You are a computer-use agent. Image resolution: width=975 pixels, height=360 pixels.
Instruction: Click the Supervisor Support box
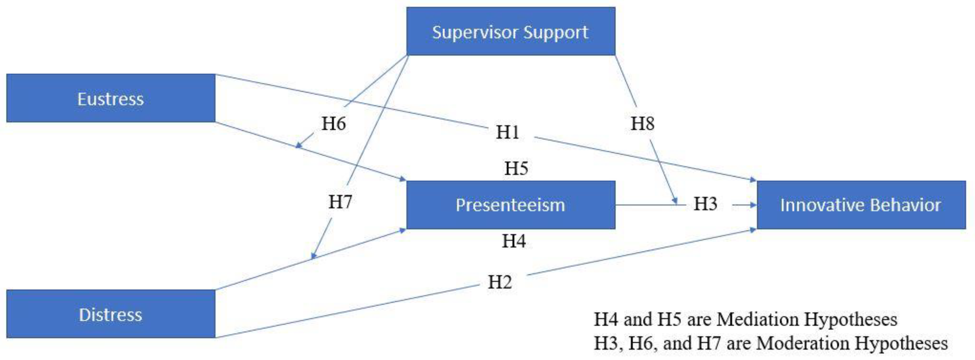pos(510,31)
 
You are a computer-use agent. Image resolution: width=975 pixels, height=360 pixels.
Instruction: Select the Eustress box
pos(110,99)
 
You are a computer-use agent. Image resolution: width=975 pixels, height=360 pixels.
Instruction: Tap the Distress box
pos(110,314)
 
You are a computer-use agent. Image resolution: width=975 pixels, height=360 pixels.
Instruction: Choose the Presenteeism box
pos(510,205)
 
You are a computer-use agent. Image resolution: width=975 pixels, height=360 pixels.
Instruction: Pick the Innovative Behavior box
pos(861,205)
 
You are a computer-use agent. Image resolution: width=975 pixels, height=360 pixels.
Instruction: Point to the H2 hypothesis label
pos(500,282)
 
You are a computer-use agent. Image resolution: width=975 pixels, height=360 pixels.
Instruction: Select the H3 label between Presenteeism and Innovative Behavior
pos(705,204)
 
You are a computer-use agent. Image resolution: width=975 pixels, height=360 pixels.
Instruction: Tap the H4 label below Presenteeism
pos(514,241)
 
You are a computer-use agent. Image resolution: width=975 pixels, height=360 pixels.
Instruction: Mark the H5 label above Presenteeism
pos(516,168)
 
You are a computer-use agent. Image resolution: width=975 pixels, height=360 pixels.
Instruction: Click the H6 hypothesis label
pos(333,124)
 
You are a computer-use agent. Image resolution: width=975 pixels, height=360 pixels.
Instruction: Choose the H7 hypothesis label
pos(340,202)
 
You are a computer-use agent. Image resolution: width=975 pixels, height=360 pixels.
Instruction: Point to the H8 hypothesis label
pos(642,124)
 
